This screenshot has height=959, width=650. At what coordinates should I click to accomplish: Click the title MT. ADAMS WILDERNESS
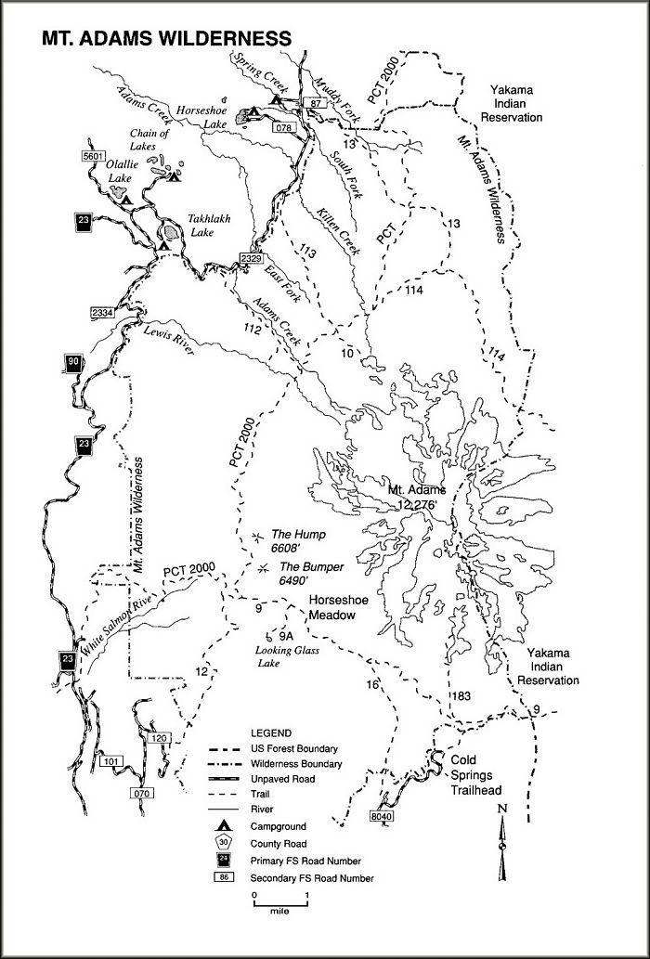[166, 38]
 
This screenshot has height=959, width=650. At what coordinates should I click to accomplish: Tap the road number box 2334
[102, 313]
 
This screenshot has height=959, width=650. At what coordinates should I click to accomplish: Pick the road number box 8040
[382, 816]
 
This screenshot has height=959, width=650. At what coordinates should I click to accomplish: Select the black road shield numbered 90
[73, 363]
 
